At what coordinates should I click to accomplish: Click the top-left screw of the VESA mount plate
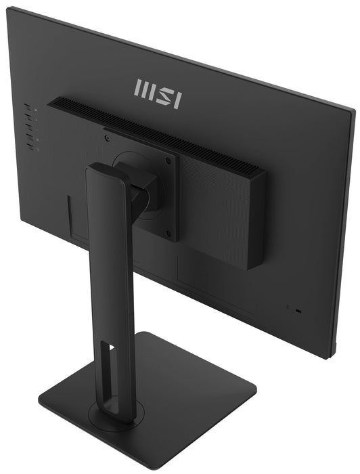coord(108,137)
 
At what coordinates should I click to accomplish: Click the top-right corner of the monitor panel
coord(353,109)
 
